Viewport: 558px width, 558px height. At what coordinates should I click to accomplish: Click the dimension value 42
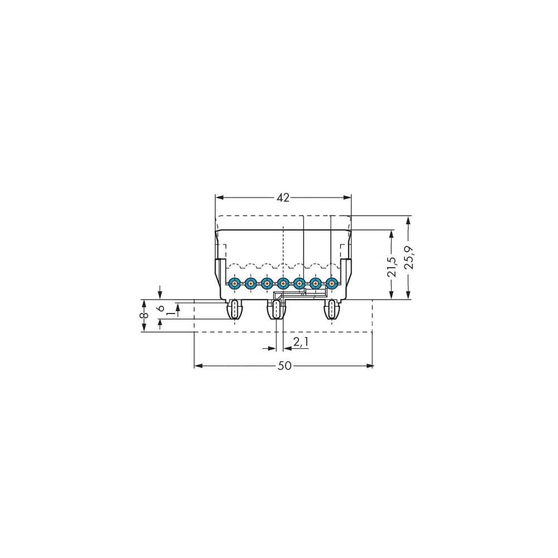click(x=283, y=198)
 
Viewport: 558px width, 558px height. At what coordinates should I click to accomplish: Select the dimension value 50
click(x=284, y=366)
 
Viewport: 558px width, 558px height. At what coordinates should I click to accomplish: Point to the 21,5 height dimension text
click(x=392, y=264)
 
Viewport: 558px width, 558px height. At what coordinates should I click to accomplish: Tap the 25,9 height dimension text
click(x=410, y=258)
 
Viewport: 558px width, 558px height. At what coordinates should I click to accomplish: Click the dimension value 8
click(x=143, y=316)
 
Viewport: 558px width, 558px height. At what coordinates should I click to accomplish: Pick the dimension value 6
click(x=160, y=308)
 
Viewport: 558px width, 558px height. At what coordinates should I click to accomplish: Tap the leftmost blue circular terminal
click(x=234, y=283)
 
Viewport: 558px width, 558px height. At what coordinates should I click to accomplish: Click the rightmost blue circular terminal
click(x=332, y=283)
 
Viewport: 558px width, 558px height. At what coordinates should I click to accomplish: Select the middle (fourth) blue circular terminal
click(x=283, y=283)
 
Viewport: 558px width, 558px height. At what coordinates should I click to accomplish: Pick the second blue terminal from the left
click(x=251, y=283)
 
